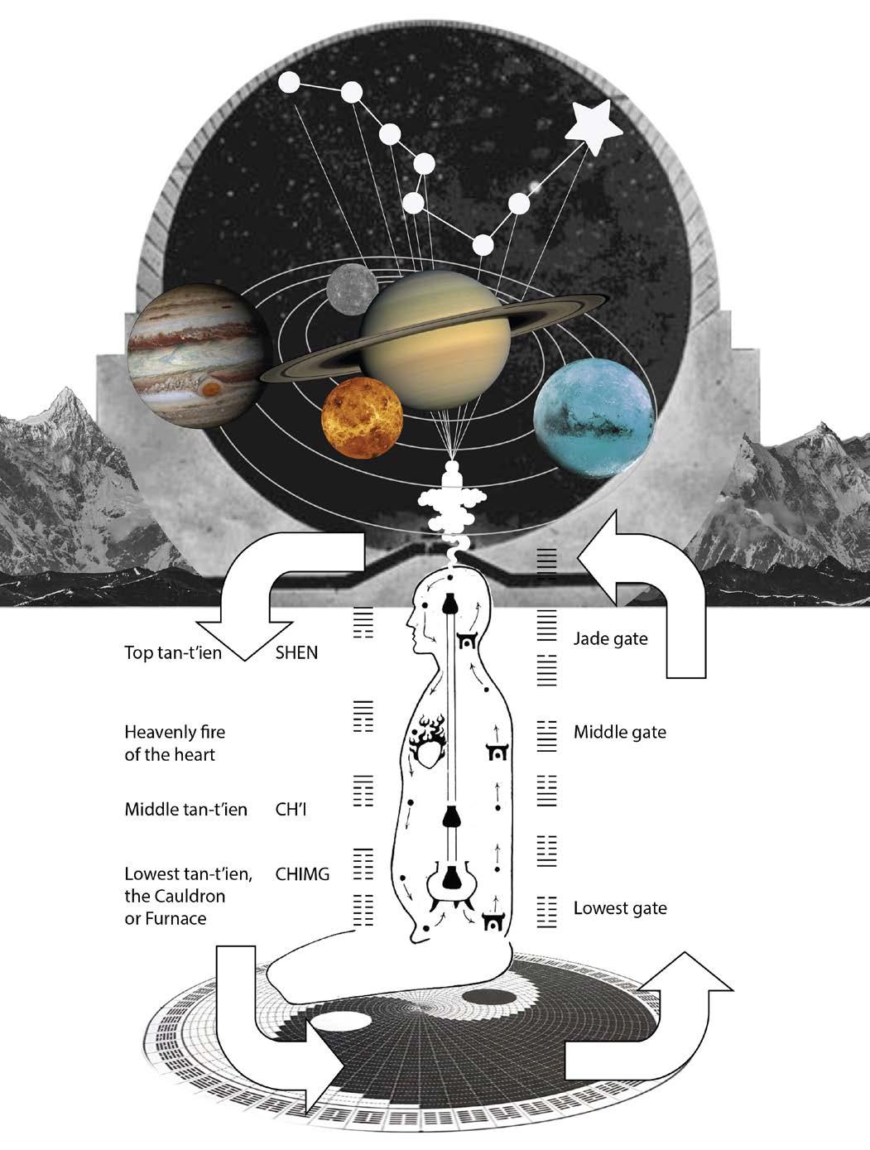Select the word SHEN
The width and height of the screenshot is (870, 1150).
296,653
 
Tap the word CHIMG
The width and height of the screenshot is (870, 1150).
302,874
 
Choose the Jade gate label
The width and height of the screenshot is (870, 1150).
610,638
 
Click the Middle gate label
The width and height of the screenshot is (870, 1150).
619,732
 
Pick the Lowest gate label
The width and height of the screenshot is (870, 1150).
620,908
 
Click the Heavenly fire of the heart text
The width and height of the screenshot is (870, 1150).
175,743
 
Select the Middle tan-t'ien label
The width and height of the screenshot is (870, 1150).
185,809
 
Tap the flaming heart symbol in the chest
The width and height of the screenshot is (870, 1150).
429,741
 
